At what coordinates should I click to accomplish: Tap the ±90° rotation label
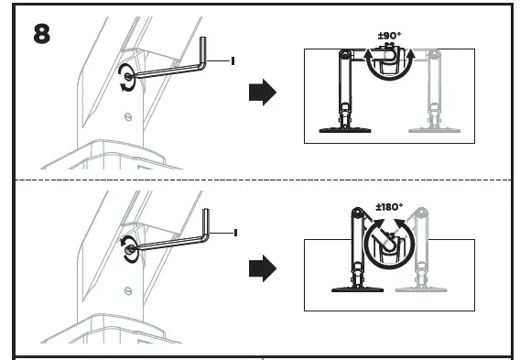(x=390, y=36)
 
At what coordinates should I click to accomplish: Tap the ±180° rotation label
(x=389, y=207)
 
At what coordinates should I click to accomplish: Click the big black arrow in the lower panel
(x=263, y=268)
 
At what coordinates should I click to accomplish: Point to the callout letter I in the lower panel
(x=235, y=233)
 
